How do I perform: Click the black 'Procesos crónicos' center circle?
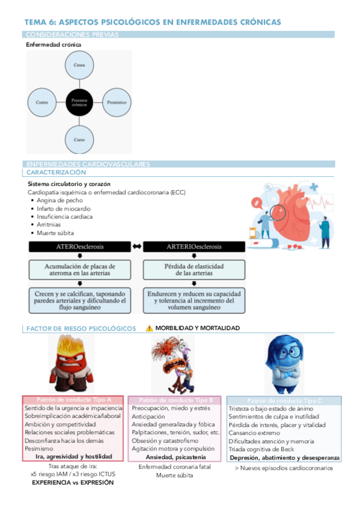tap(79, 102)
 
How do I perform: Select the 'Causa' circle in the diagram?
tap(79, 64)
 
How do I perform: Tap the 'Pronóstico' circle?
tap(117, 102)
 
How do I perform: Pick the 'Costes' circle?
tap(42, 102)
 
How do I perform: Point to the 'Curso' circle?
tap(79, 140)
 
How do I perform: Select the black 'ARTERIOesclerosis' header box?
tap(189, 247)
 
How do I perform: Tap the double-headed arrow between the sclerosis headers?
tap(137, 247)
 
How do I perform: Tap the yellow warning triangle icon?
tap(149, 328)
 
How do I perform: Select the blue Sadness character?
tap(284, 363)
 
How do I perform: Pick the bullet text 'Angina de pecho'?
tap(59, 200)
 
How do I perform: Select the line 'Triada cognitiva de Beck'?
tap(261, 449)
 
